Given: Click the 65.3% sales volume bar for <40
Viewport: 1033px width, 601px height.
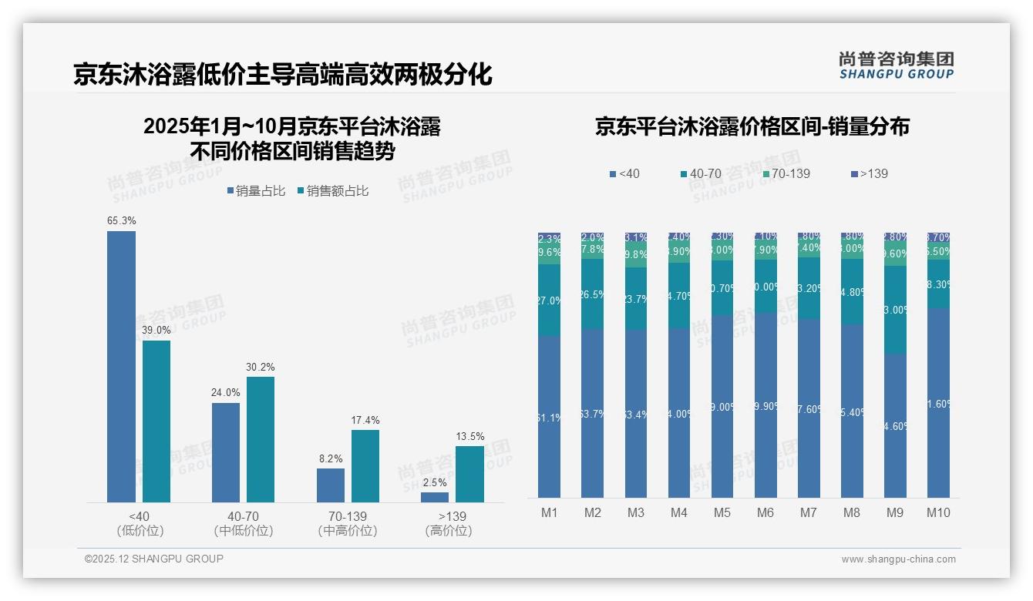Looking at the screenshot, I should [121, 367].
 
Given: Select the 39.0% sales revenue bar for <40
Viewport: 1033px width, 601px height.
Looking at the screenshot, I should [156, 421].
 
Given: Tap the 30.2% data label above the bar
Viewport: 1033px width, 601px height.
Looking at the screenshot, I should [260, 367].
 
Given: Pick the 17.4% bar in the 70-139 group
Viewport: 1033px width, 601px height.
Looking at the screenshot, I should [365, 466].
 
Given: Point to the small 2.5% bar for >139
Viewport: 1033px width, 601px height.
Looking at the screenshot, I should [435, 498].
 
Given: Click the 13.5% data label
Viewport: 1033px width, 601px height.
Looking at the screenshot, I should [470, 436].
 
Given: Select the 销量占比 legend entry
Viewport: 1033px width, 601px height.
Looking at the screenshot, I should [257, 191].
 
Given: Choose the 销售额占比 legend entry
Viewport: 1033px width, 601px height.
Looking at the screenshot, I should [332, 191].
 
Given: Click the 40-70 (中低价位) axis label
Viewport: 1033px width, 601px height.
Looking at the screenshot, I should [244, 523].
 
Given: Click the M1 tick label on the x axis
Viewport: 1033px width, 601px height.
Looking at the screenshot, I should [550, 513].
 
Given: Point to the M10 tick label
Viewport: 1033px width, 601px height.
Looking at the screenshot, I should [938, 513].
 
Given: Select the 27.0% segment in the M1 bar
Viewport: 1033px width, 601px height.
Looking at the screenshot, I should [550, 300].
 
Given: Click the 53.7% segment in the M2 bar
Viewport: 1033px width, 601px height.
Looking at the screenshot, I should [593, 414].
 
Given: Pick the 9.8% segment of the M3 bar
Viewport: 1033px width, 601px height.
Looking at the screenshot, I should [636, 254].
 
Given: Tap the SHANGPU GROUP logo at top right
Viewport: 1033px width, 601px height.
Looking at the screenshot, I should [896, 65].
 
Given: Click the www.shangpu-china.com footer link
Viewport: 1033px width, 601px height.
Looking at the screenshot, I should [898, 559].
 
